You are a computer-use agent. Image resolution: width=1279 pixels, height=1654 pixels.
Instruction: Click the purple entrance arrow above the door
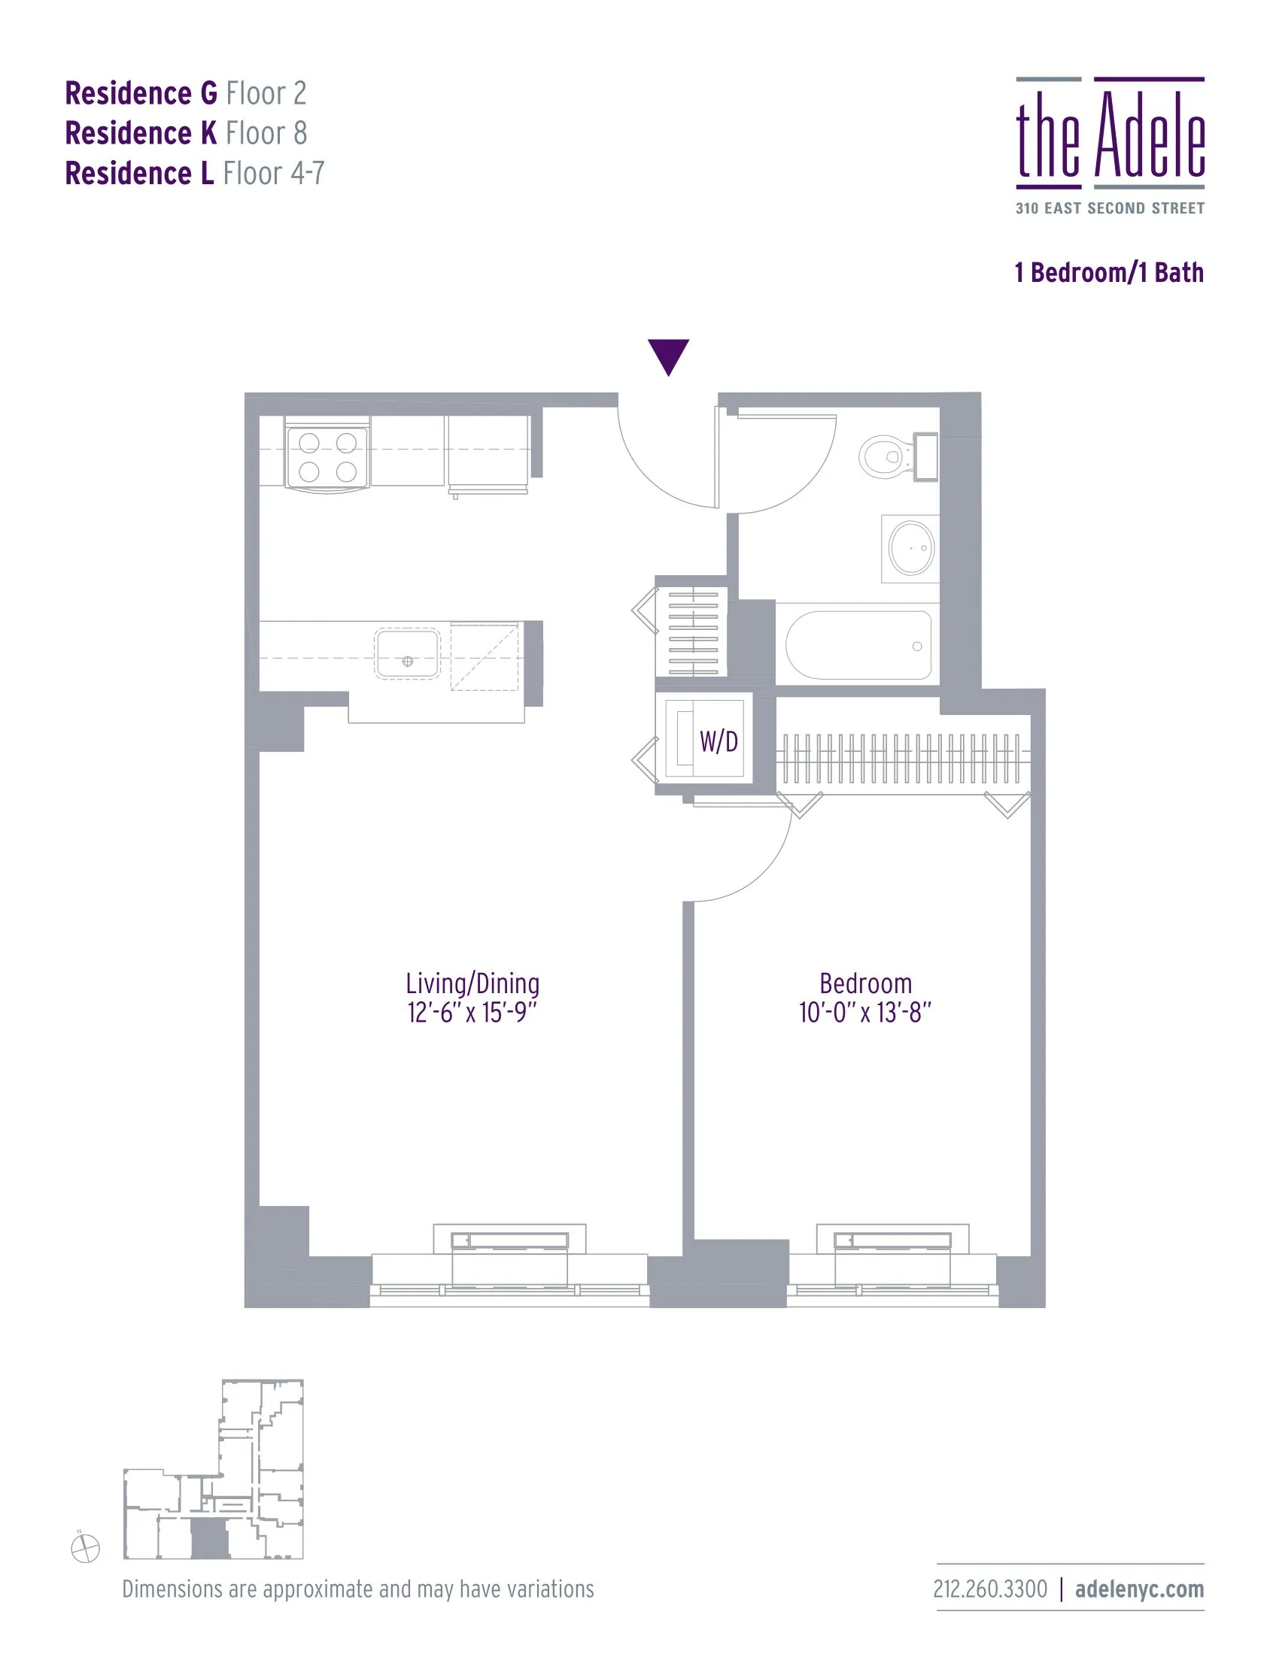tap(667, 355)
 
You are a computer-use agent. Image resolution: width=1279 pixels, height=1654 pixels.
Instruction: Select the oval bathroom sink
tap(911, 547)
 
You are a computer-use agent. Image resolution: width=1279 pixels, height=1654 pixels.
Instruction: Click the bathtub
tap(858, 644)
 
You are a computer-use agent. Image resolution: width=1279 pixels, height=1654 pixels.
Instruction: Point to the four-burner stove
tap(327, 456)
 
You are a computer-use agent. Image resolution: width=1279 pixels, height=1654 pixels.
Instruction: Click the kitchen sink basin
tap(407, 653)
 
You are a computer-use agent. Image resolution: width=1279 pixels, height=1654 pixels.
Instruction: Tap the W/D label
tap(718, 741)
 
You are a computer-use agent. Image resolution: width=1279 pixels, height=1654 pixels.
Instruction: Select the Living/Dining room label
tap(472, 983)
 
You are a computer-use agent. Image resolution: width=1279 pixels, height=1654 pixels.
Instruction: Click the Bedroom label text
tap(865, 983)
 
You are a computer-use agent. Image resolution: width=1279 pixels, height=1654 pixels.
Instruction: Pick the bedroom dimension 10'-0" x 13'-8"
tap(864, 1013)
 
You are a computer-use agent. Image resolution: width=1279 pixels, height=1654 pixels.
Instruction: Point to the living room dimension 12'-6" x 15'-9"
tap(472, 1013)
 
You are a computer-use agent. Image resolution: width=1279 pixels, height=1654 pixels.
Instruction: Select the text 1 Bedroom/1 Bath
tap(1108, 273)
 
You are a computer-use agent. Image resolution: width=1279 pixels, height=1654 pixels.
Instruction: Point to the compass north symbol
tap(85, 1548)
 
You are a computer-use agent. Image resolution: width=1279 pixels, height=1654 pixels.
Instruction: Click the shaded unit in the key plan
tap(209, 1538)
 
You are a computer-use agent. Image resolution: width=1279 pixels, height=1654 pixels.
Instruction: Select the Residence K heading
tap(141, 133)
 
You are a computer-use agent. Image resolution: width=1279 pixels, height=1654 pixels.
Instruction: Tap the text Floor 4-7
tap(274, 174)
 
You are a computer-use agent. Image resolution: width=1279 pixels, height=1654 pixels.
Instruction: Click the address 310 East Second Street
tap(1109, 208)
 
